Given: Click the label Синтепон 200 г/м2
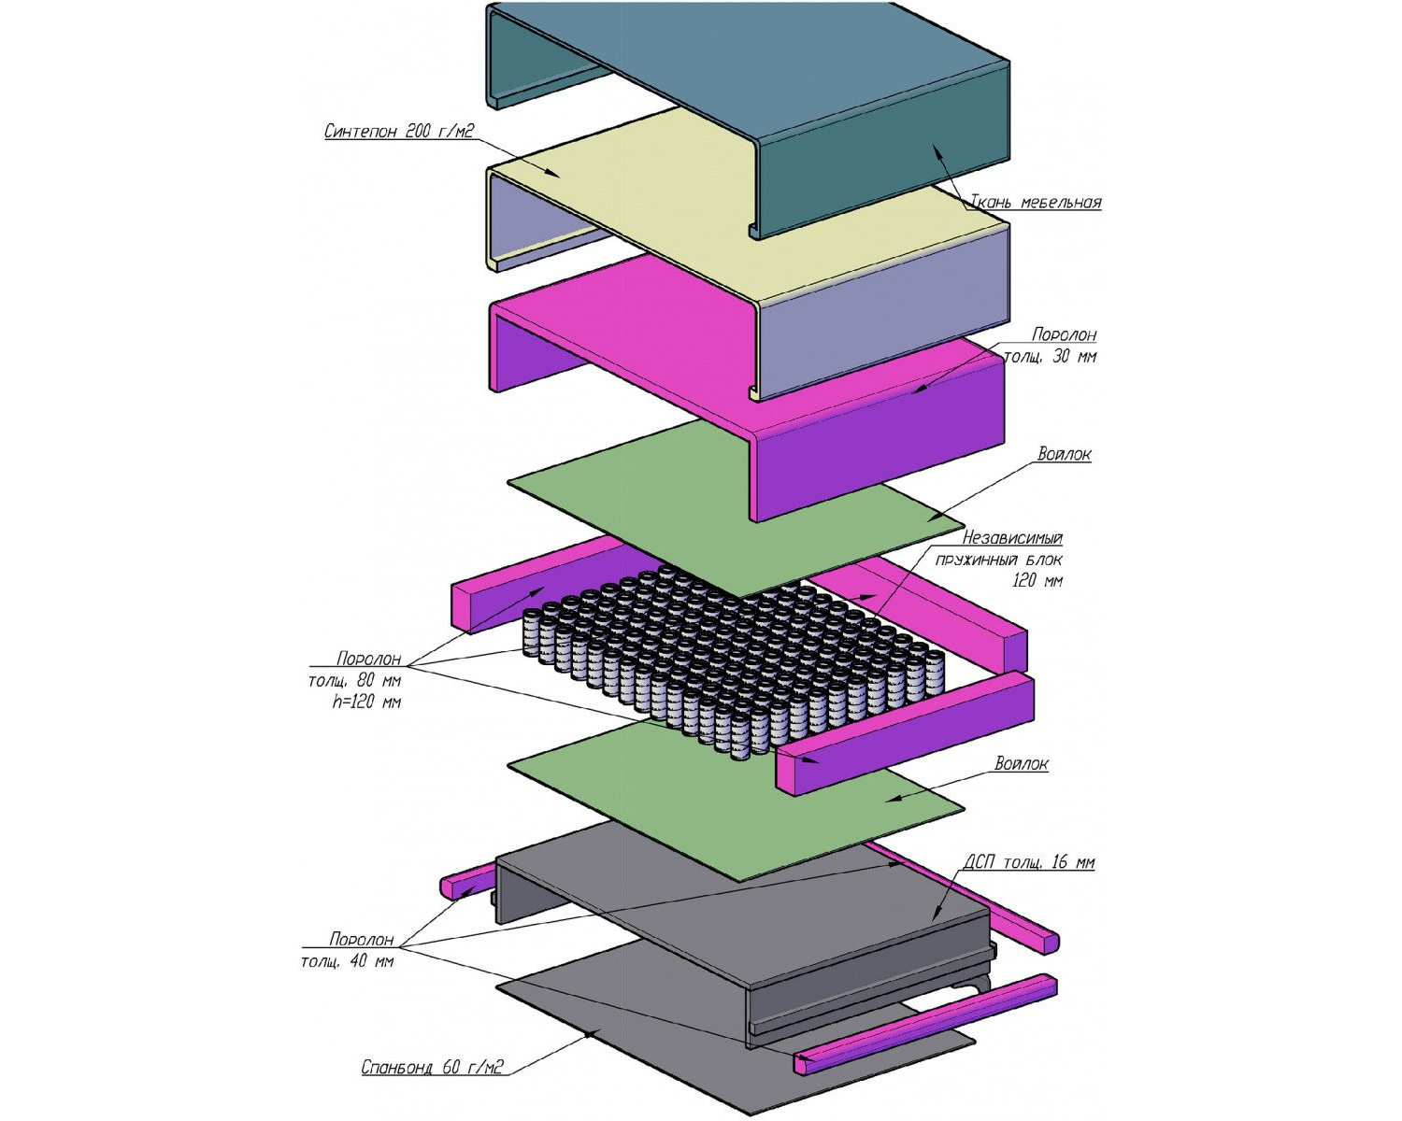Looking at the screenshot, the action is pos(399,131).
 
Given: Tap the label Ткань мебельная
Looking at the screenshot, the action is pos(1036,202).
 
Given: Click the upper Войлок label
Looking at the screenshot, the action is pos(1064,454).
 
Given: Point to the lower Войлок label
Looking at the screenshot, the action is pos(1022,763).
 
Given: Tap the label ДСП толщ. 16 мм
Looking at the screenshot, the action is pos(1029,862).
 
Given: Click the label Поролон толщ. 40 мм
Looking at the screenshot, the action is pos(348,950).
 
